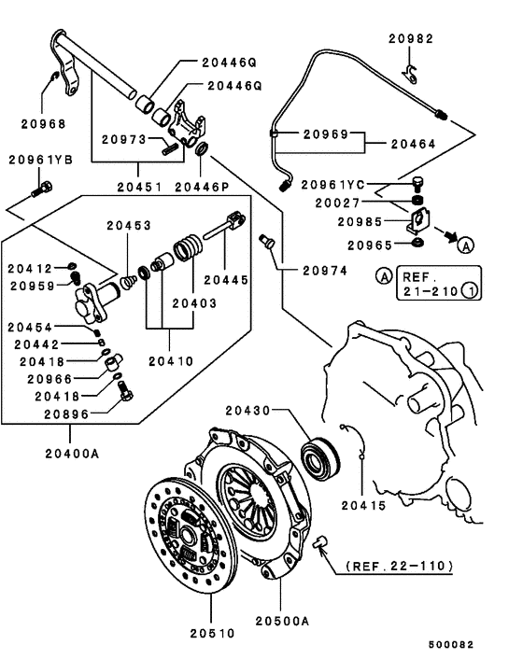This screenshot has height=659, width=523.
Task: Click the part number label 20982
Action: point(411,38)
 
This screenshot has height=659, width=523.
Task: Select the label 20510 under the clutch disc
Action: point(212,633)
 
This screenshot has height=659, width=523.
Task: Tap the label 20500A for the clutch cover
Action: point(282,621)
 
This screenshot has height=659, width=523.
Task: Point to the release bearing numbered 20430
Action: point(320,458)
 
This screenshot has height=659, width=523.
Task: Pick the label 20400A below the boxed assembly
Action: point(72,454)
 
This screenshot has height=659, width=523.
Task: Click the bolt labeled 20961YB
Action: point(42,189)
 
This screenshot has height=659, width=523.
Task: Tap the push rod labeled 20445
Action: point(224,226)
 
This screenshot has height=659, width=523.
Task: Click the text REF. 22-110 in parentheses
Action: point(400,566)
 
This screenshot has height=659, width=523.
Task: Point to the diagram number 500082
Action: point(451,644)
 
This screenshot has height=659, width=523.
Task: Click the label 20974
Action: point(325,271)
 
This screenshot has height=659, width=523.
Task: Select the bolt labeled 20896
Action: point(126,391)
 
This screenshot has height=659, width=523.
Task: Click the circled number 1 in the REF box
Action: point(471,290)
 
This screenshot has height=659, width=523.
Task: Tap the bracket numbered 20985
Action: point(418,220)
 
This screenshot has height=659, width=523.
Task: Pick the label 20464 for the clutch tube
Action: point(414,144)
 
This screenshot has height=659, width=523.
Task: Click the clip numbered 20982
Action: point(410,75)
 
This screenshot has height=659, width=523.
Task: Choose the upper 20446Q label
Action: point(229,63)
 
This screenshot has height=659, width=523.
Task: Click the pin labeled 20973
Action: point(170,148)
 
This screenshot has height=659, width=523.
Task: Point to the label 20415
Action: point(363,505)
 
